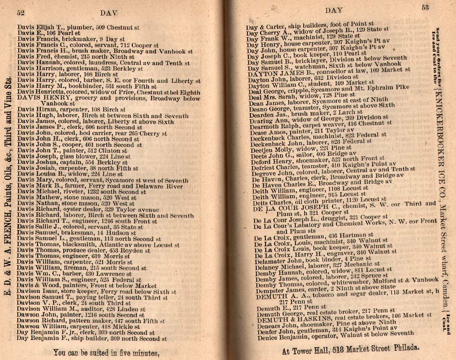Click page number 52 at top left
pyautogui.click(x=21, y=13)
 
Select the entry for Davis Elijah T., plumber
pyautogui.click(x=78, y=28)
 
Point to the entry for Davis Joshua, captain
pyautogui.click(x=78, y=163)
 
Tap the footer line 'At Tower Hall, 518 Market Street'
pyautogui.click(x=350, y=352)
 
